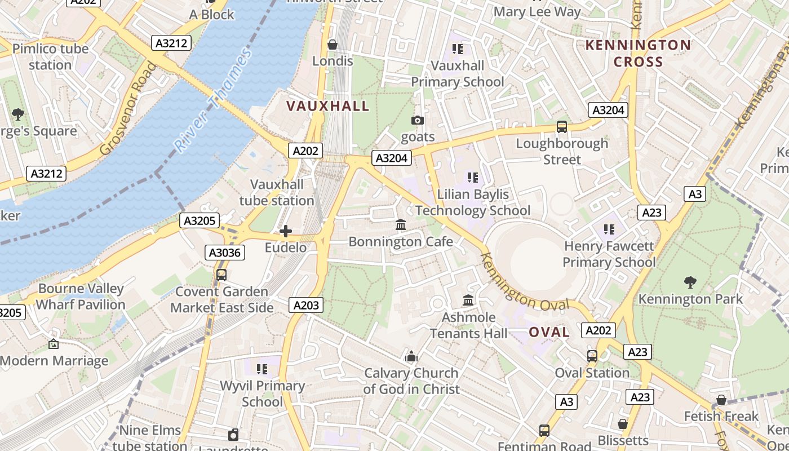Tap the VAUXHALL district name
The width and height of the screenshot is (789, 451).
coord(327,106)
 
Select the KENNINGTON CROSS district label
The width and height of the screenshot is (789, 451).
coord(638,54)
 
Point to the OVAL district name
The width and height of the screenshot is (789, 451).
coord(549,332)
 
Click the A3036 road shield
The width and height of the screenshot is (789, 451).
coord(225,253)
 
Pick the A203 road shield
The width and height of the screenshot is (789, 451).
coord(307,305)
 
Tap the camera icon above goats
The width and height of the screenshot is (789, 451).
coord(418,120)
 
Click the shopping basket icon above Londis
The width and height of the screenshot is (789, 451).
coord(333,45)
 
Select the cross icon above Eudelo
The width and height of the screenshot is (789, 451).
coord(286,231)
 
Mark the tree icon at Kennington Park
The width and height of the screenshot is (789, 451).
coord(690,282)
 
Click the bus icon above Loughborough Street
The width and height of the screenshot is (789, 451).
coord(562,127)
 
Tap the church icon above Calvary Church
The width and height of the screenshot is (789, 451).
coord(411,356)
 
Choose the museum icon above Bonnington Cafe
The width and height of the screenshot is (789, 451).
coord(401,225)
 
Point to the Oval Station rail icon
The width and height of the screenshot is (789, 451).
coord(592,356)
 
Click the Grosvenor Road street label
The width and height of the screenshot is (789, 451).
coord(128,109)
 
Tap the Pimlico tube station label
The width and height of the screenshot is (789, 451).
coord(50,56)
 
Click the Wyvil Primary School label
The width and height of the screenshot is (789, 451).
coord(262,393)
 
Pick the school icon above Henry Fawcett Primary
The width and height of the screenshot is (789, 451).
coord(609,229)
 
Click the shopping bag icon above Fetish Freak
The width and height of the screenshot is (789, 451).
coord(721,400)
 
